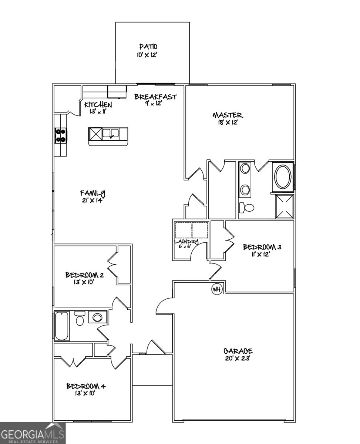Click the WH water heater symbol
pos(216,289)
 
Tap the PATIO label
pos(148,47)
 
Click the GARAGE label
pos(238,351)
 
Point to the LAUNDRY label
pos(186,242)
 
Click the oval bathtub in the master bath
pos(283,177)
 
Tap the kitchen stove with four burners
pos(60,135)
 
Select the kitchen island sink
pos(111,133)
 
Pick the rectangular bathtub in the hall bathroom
pos(61,326)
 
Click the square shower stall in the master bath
pos(284,206)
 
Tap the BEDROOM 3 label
pos(262,247)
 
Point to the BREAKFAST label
pos(155,97)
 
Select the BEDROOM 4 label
pos(86,387)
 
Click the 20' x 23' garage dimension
pos(238,358)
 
